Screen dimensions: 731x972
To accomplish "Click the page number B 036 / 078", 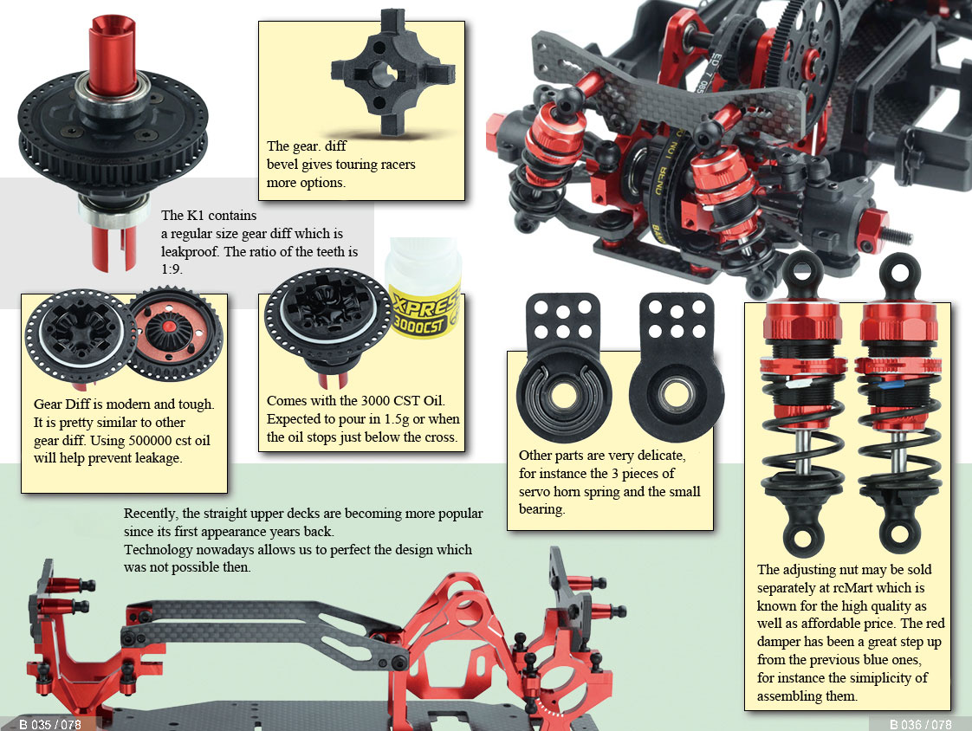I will (920, 724).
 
